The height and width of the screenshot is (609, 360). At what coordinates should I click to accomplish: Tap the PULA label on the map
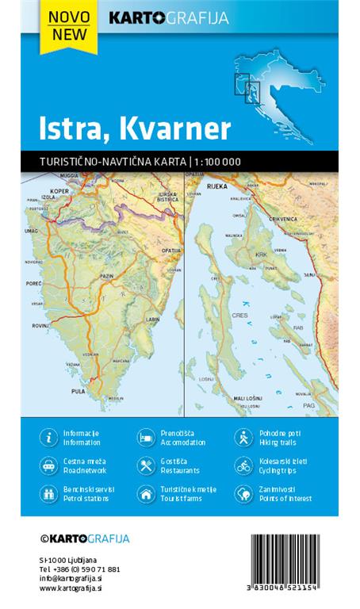[x=78, y=392]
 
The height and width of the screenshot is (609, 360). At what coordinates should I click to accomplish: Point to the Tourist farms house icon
[x=145, y=494]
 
